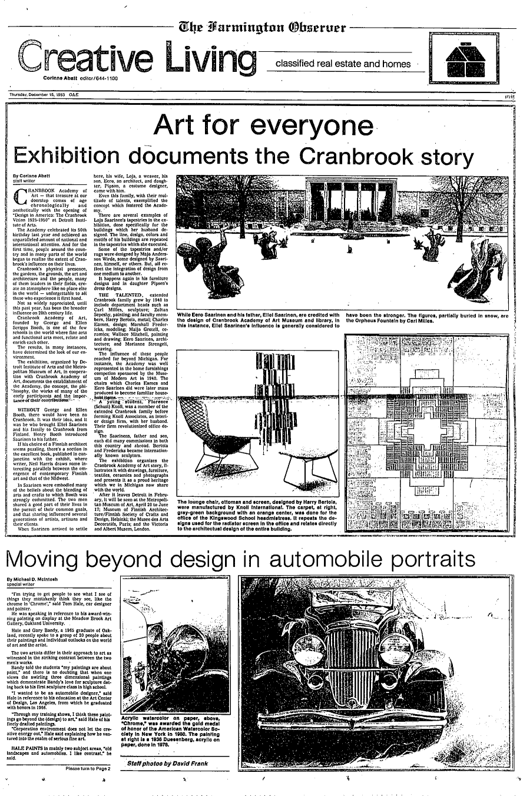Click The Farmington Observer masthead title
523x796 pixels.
click(263, 27)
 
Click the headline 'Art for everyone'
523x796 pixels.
click(262, 125)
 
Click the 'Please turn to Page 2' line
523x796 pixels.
click(88, 769)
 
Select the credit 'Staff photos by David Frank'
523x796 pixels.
click(168, 764)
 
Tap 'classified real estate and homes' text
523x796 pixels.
click(343, 64)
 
